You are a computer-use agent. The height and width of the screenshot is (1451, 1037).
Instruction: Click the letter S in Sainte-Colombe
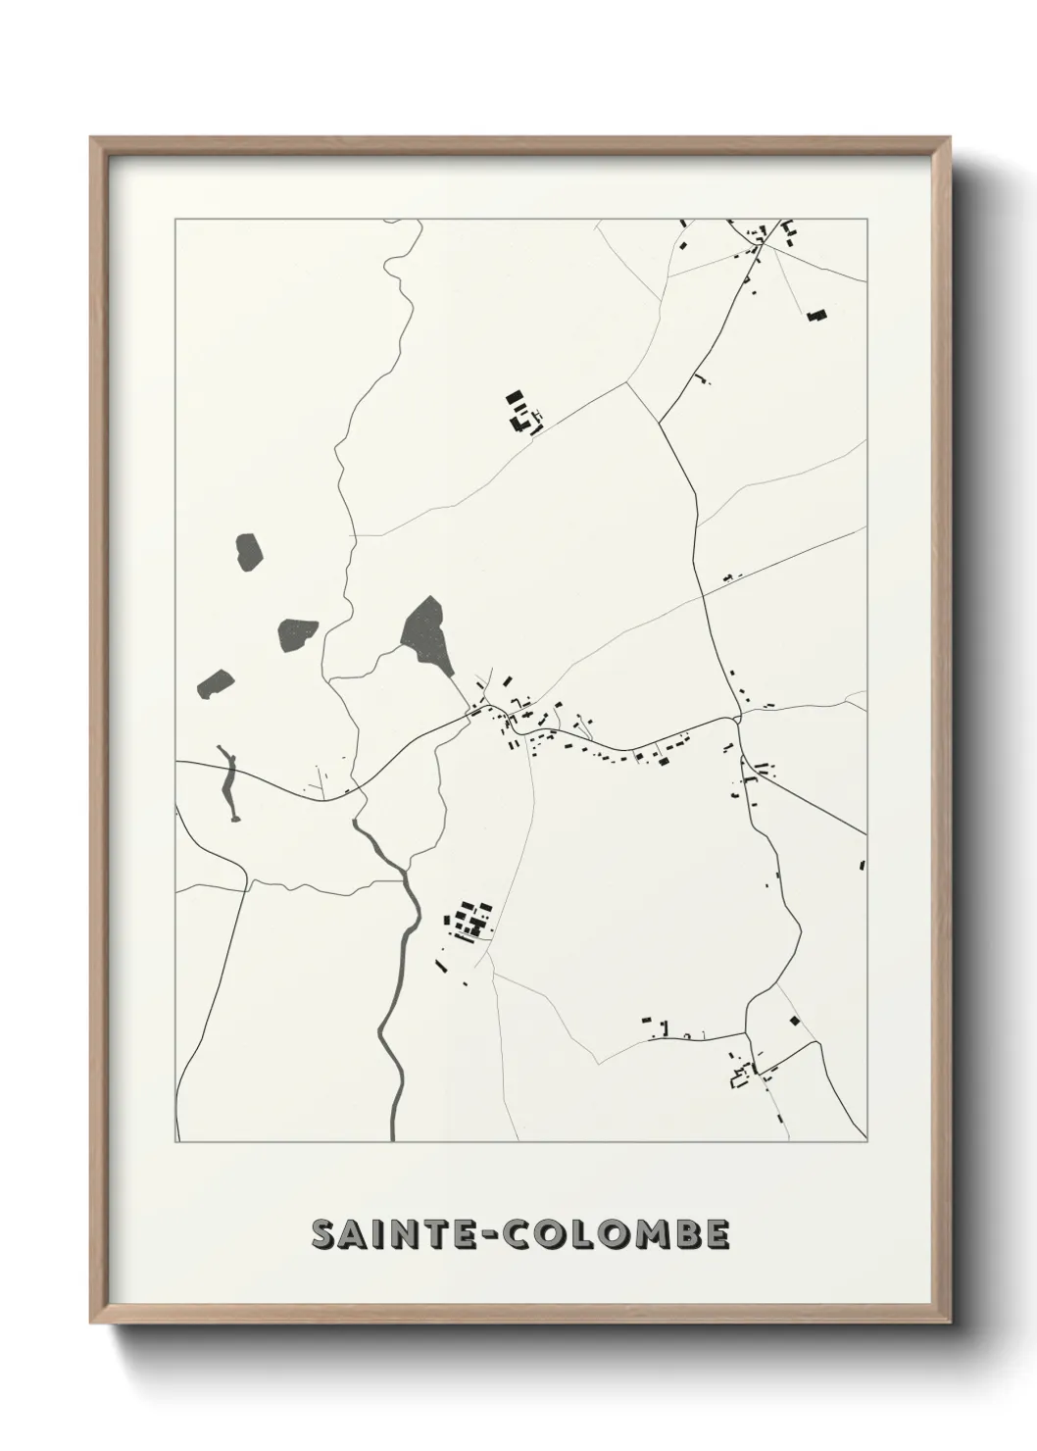323,1235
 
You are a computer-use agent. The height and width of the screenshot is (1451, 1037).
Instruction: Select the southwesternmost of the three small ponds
216,682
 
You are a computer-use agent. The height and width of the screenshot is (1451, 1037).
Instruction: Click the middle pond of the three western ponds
297,633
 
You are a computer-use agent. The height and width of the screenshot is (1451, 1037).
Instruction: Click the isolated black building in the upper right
816,315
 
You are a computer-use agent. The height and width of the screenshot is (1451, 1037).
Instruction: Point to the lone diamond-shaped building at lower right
794,1021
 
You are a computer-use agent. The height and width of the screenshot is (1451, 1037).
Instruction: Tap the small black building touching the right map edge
863,865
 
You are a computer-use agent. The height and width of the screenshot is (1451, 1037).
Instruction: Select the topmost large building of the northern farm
515,399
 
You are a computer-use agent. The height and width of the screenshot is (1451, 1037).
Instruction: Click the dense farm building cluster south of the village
468,923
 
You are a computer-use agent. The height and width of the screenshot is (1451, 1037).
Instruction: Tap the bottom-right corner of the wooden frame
950,1321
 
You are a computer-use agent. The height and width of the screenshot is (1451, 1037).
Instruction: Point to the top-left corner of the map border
175,220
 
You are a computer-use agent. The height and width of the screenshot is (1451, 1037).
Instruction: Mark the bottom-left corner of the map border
175,1142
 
